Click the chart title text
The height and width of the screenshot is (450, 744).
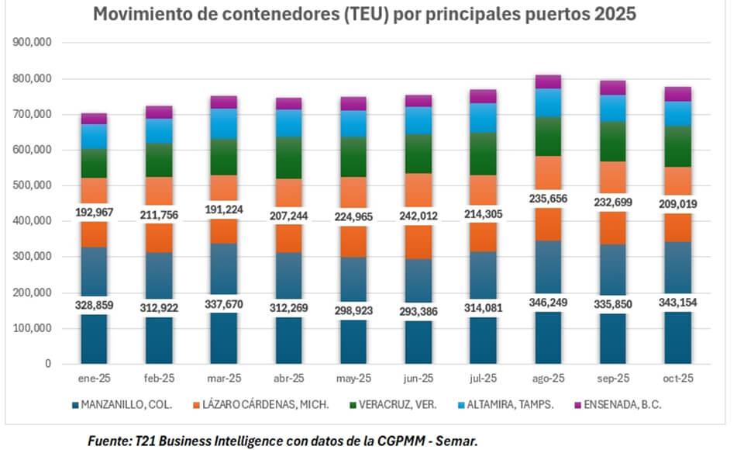[x=364, y=15]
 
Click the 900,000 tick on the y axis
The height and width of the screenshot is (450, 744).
[x=33, y=43]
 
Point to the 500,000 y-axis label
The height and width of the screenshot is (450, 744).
[x=33, y=185]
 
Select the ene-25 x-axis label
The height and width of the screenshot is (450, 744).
[x=94, y=379]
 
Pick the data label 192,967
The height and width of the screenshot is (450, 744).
[x=94, y=213]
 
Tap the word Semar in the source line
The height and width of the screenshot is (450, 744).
[x=458, y=440]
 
